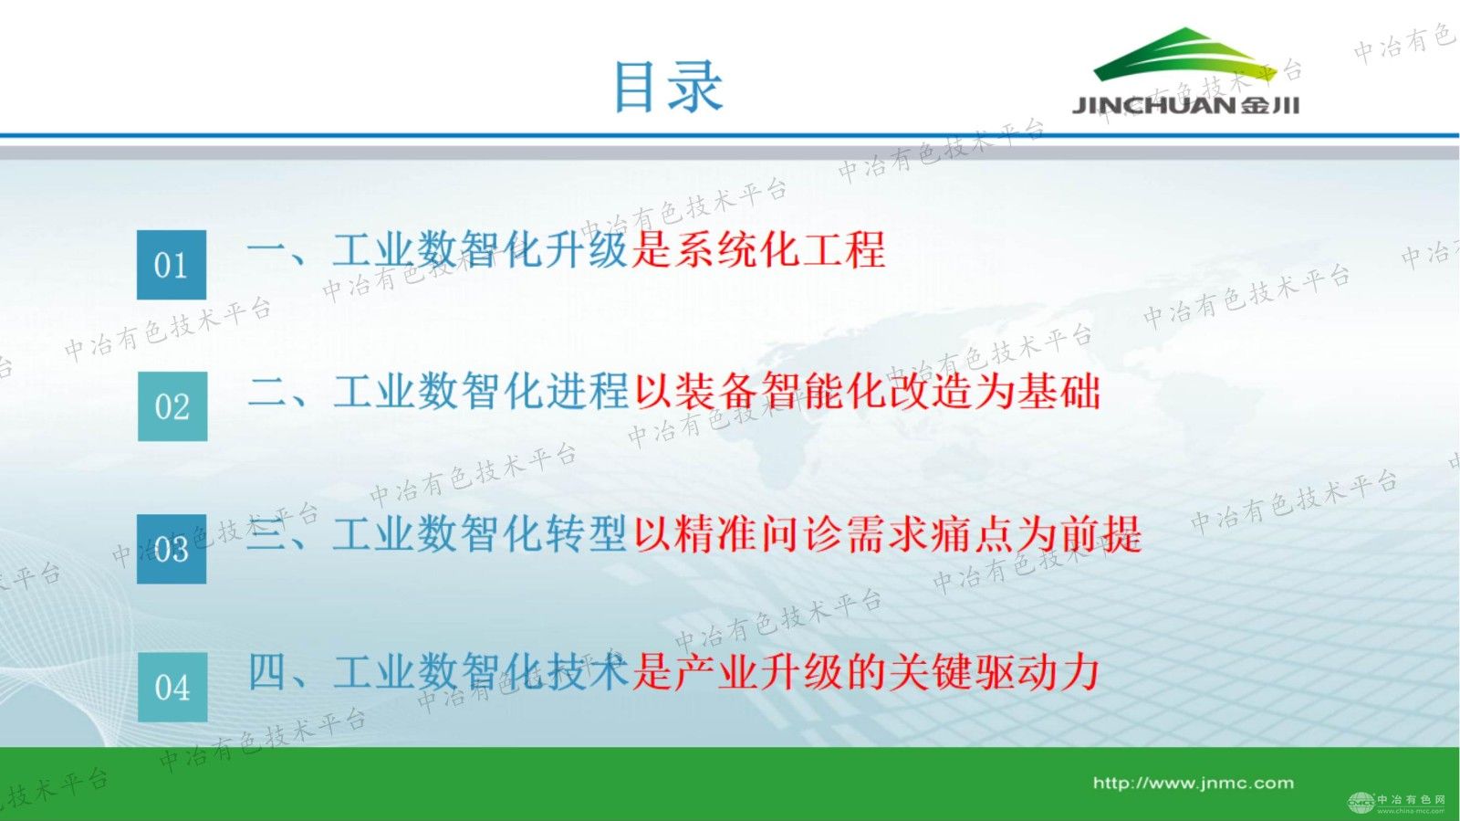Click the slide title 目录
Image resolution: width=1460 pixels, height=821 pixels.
tap(668, 87)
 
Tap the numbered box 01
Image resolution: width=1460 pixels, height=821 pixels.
tap(172, 265)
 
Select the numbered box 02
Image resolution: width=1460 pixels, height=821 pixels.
tap(172, 406)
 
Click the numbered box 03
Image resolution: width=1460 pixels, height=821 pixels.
tap(172, 549)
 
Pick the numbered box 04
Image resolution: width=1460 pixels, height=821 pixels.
tap(172, 688)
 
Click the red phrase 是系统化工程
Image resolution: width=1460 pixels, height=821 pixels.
tap(758, 250)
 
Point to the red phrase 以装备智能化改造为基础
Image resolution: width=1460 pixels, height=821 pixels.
tap(867, 392)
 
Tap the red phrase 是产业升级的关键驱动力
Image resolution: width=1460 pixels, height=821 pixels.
tap(865, 673)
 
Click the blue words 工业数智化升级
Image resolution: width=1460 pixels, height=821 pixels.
tap(480, 250)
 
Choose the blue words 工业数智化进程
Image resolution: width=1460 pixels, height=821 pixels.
tap(481, 392)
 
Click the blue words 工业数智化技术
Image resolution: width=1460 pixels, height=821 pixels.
tap(481, 673)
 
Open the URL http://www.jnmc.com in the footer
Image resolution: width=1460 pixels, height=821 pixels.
tap(1193, 783)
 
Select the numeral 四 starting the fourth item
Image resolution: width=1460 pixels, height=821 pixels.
tap(267, 673)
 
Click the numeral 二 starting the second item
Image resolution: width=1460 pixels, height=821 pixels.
tap(267, 393)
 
